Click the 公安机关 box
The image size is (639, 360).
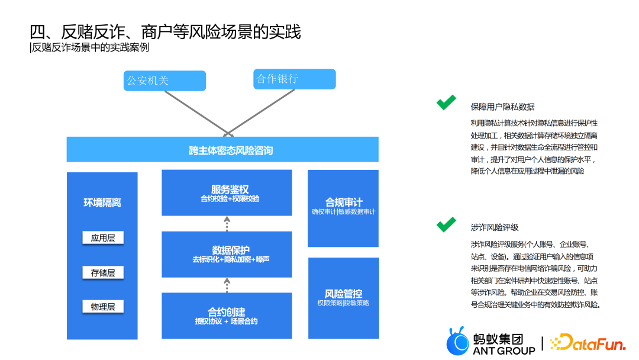click(x=164, y=81)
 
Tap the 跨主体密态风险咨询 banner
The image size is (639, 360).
click(x=222, y=150)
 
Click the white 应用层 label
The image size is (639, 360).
click(x=102, y=238)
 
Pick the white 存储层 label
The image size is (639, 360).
click(x=102, y=272)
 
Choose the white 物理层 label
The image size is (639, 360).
click(x=102, y=307)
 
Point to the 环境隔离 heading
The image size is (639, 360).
click(x=102, y=203)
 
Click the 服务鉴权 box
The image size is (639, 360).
click(x=227, y=193)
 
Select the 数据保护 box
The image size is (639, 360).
click(x=227, y=254)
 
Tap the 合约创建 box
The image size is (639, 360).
click(x=227, y=316)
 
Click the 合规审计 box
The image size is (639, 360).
click(x=343, y=208)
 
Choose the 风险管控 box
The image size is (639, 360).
click(x=343, y=298)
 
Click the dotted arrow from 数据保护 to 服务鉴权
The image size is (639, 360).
click(x=227, y=224)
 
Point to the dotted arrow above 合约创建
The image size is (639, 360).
click(x=227, y=285)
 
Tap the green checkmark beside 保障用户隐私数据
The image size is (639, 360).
click(x=446, y=102)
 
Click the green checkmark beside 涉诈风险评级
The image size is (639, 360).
click(x=446, y=224)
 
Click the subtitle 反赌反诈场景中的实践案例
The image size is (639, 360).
click(x=89, y=47)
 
